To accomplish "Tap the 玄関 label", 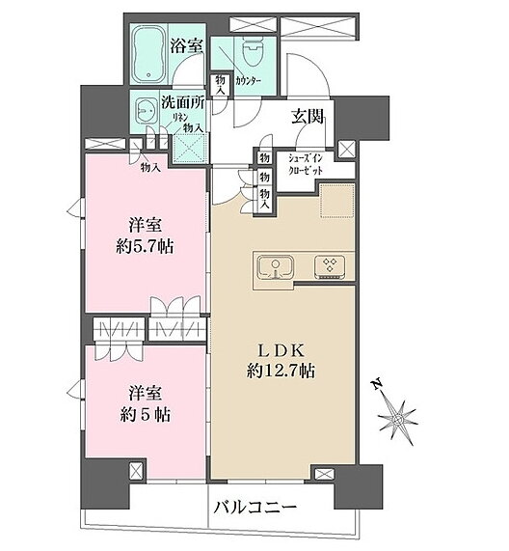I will point(308,118).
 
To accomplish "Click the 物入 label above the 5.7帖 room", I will point(149,167).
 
